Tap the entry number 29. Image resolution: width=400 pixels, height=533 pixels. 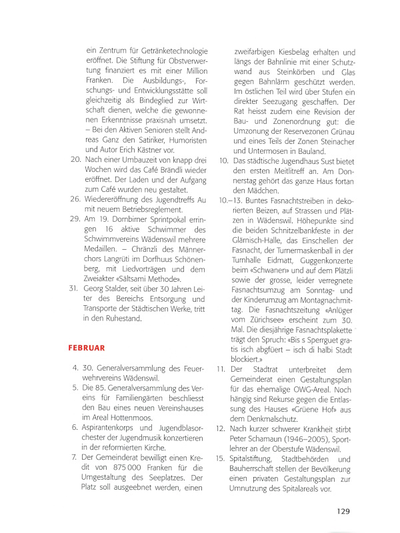click(x=75, y=219)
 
